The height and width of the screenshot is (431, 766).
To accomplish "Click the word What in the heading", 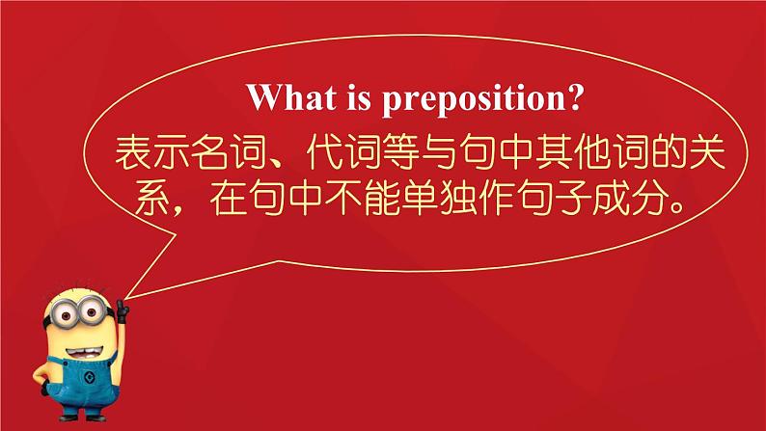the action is (291, 97).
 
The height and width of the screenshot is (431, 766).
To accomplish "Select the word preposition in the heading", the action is (467, 99).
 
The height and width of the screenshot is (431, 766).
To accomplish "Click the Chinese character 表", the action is (133, 152).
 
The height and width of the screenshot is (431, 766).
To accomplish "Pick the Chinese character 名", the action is (209, 152).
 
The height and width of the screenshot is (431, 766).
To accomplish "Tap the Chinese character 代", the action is (324, 152).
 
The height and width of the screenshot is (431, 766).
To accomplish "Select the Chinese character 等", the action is (400, 152).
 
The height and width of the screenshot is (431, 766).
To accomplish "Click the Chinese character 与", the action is (439, 152).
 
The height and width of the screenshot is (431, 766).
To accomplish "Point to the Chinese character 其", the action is (554, 152).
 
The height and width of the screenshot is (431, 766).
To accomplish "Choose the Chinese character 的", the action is (669, 152).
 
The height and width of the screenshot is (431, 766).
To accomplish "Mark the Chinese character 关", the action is (706, 152).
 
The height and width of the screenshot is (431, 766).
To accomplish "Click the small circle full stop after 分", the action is (677, 207).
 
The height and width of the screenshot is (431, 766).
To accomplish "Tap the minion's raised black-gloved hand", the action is (123, 310).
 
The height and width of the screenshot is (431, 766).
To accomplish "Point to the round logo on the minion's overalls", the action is (89, 377).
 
